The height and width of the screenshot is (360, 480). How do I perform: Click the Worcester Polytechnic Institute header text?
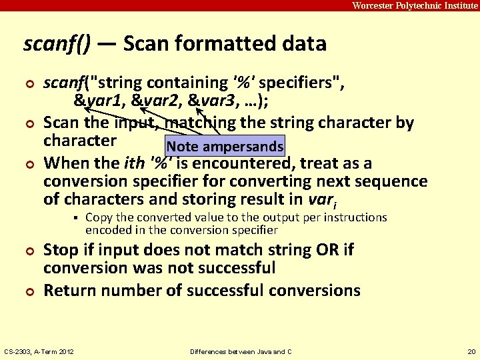(415, 5)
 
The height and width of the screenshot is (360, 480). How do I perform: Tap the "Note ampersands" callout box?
(225, 147)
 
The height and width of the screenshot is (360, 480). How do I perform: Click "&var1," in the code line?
(100, 101)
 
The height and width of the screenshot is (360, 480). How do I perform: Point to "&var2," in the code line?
(157, 101)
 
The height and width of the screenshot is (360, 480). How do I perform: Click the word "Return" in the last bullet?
(71, 291)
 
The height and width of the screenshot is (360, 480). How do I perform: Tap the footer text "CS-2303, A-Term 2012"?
(39, 351)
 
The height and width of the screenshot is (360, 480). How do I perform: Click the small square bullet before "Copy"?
(77, 218)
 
